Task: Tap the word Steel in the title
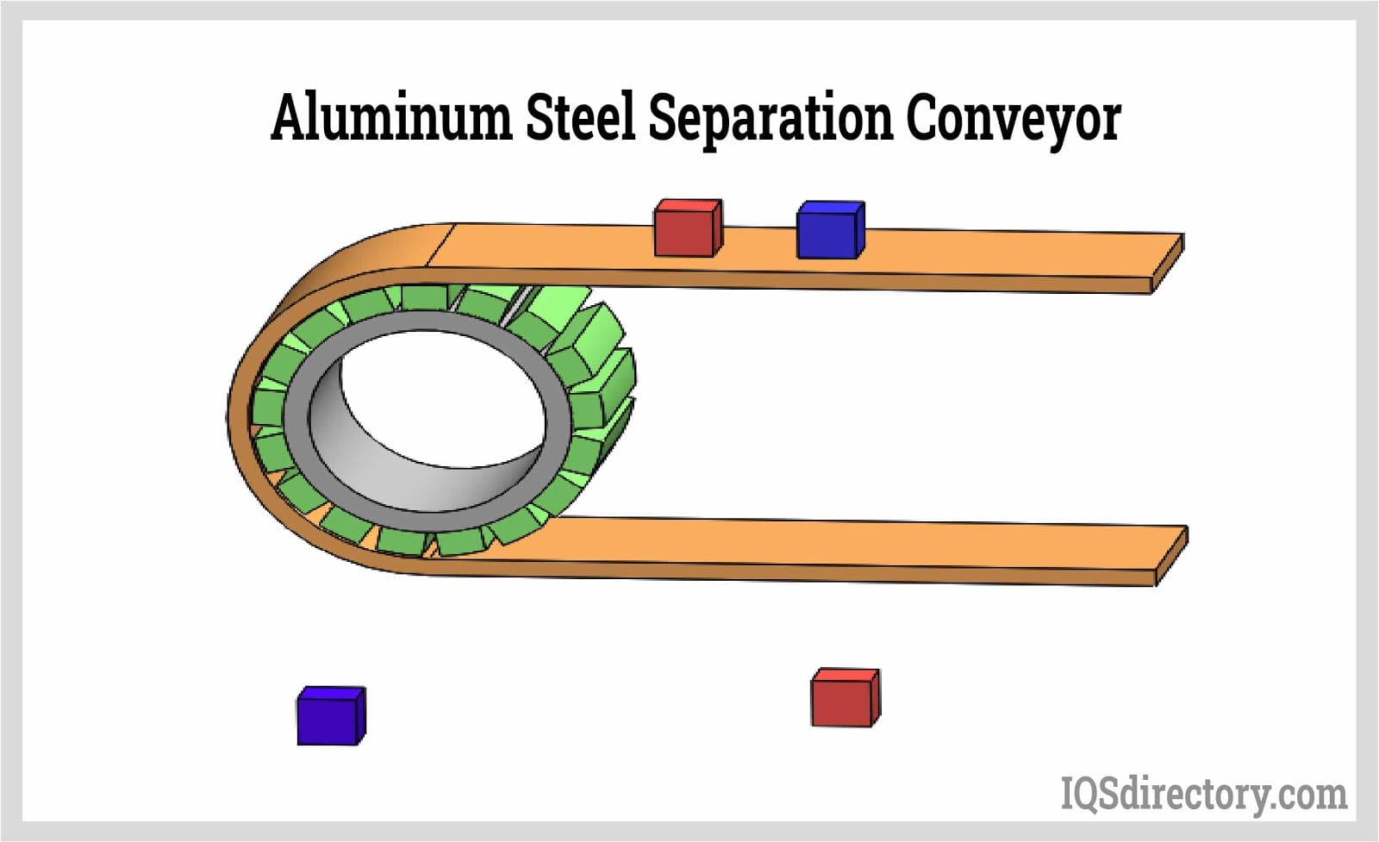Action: tap(579, 118)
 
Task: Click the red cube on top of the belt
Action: tap(686, 231)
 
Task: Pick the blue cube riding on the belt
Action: tap(828, 233)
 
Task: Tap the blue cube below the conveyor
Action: tap(329, 718)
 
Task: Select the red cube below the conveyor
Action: tap(843, 700)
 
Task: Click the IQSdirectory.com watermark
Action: tap(1203, 794)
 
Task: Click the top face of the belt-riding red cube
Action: tap(688, 205)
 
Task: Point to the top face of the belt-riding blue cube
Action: tap(831, 207)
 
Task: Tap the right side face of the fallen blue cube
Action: tap(361, 715)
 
